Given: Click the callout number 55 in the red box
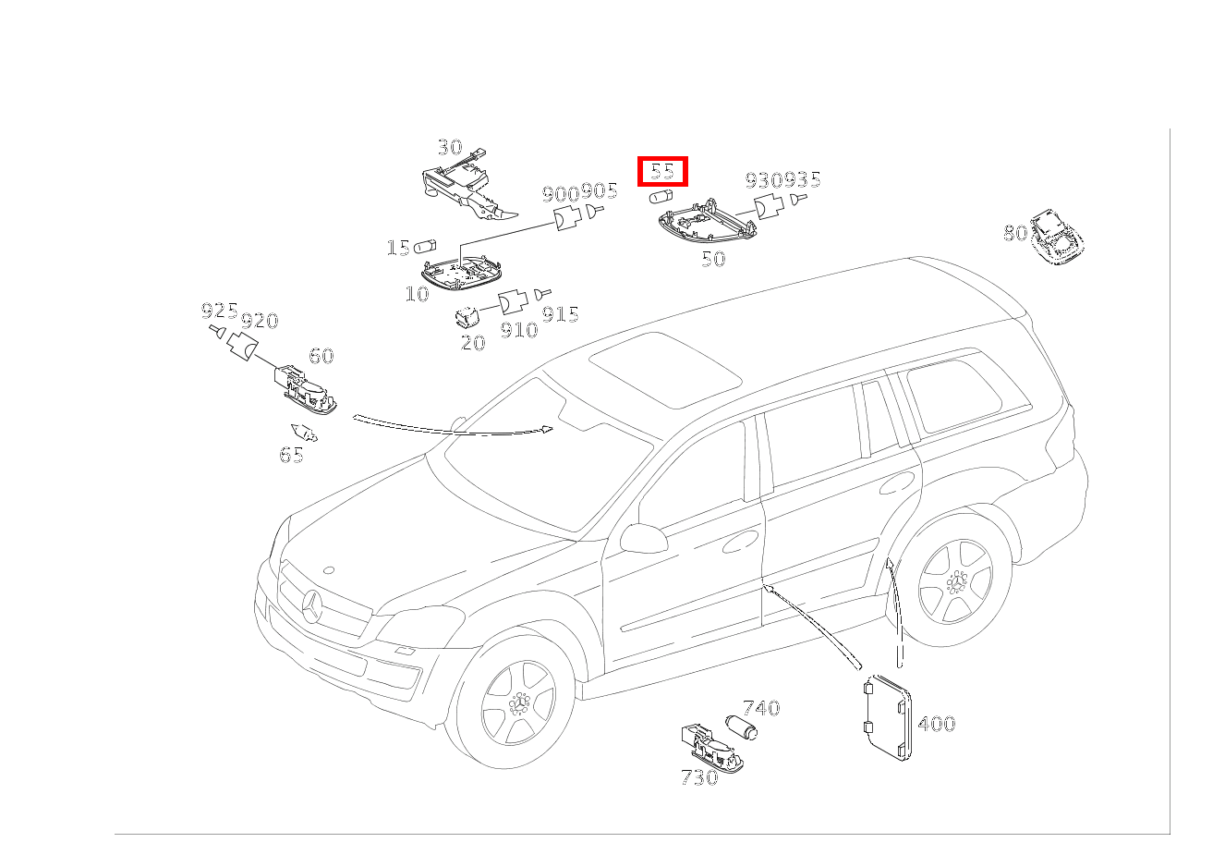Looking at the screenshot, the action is (662, 171).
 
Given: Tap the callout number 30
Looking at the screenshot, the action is (450, 147).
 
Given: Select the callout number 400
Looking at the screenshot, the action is (936, 724).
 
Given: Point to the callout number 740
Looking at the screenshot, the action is (760, 708).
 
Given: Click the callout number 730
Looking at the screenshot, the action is (699, 777).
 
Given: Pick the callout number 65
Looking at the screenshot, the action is (291, 455).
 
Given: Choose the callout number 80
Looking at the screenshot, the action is (1015, 233).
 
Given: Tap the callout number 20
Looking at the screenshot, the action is (473, 343).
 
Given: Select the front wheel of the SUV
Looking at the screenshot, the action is (516, 704).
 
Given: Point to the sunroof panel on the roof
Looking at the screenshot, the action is (665, 370).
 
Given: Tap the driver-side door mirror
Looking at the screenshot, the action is (644, 539).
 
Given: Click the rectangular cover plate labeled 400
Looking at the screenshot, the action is (888, 718).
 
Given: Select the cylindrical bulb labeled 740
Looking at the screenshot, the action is (741, 727).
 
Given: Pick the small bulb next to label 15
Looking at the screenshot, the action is (425, 247).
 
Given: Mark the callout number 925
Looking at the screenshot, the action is (220, 311).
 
